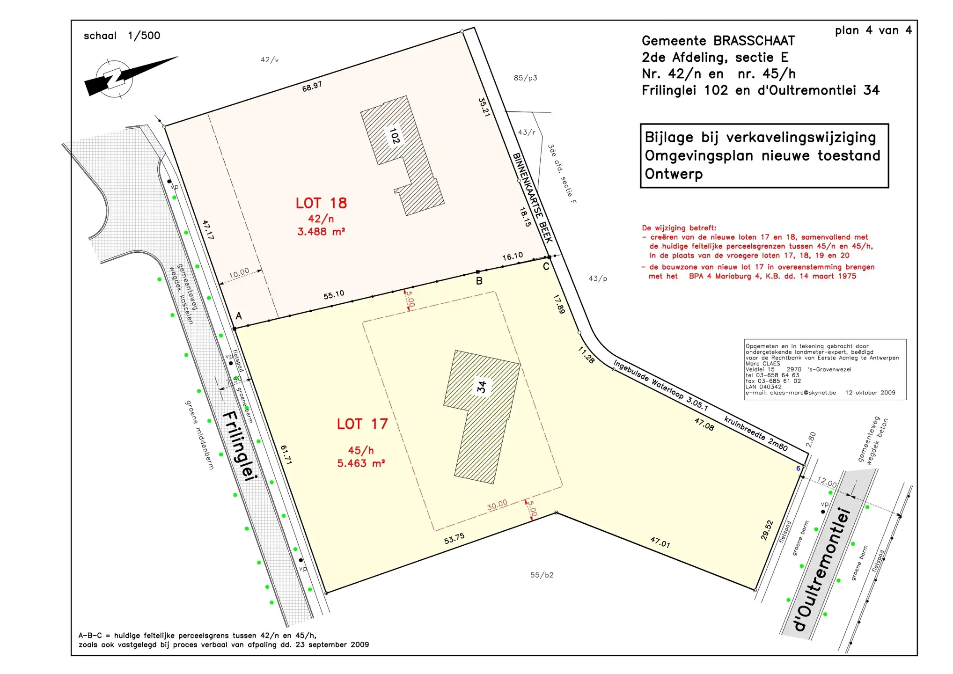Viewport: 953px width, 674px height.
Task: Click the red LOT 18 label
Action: [x=321, y=203]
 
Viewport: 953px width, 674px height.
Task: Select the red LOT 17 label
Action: [x=362, y=424]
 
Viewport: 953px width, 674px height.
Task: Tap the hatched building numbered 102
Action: [x=403, y=155]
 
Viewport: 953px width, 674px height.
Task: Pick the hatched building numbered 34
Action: [x=482, y=417]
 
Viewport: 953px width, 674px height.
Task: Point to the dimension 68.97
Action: [x=312, y=87]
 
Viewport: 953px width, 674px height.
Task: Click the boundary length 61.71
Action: [x=286, y=454]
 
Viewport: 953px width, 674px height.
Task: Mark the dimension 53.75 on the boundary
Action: [x=454, y=538]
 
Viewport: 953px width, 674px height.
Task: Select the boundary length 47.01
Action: [x=660, y=542]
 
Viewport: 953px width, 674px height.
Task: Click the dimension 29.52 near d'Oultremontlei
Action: [x=767, y=530]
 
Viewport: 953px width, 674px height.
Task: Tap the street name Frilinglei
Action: [x=240, y=445]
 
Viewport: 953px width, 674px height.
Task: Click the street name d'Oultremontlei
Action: [x=822, y=569]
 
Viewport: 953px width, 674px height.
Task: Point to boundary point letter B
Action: [x=479, y=281]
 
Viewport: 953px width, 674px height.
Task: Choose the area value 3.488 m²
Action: [x=321, y=231]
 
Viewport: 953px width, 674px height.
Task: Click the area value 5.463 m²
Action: [x=361, y=463]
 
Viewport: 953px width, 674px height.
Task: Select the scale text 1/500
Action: [x=144, y=36]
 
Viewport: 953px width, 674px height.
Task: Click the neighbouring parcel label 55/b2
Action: [x=542, y=575]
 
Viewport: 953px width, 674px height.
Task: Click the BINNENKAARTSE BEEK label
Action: [x=533, y=198]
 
